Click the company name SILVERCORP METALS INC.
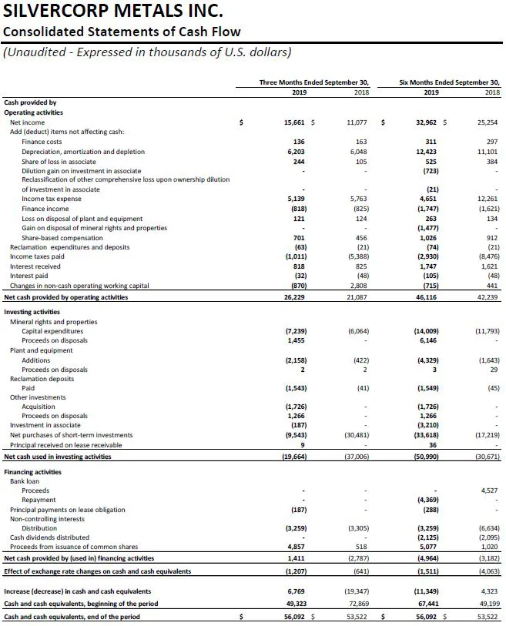click(x=113, y=12)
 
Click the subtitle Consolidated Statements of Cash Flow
click(x=122, y=32)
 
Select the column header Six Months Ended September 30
click(x=449, y=81)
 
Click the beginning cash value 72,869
click(x=357, y=603)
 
